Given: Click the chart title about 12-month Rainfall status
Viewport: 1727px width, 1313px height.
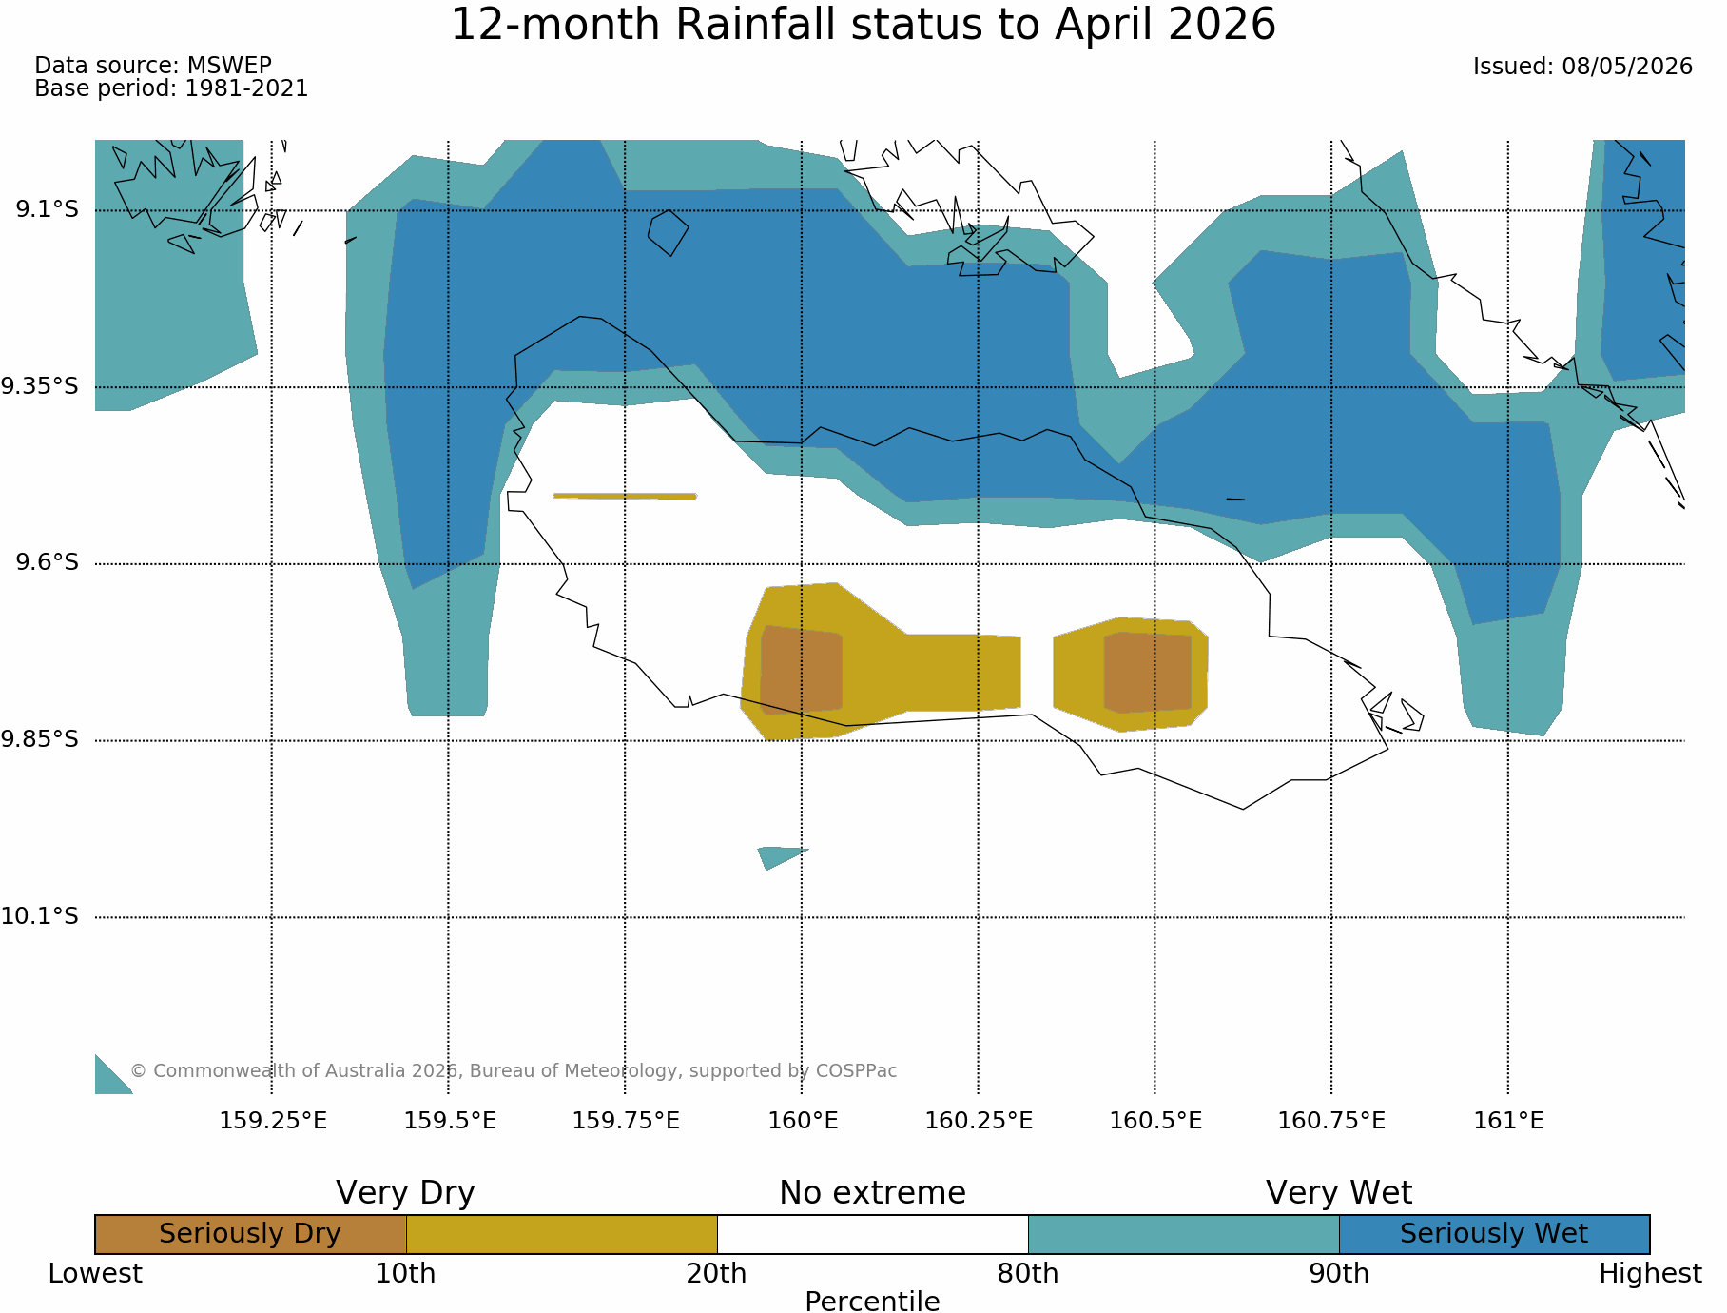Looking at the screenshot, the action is pos(863,26).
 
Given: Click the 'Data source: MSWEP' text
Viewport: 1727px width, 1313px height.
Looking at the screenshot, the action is pos(153,66).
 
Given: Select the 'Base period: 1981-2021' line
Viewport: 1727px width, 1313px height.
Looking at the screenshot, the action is pos(171,88).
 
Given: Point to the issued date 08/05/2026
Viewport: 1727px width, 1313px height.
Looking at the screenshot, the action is pos(1582,67).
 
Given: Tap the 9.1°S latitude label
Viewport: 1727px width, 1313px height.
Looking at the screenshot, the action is pos(47,208).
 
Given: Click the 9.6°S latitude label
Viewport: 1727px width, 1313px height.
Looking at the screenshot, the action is pos(47,562).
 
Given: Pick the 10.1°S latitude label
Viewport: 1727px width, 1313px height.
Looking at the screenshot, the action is pos(40,916).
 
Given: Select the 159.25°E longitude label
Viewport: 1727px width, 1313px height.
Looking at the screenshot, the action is pos(273,1121).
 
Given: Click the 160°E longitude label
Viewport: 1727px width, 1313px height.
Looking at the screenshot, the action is pos(803,1121).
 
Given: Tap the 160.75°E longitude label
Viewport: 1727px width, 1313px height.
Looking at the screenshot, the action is pos(1331,1121).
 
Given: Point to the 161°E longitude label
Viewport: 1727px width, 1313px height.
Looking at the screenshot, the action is pos(1508,1121).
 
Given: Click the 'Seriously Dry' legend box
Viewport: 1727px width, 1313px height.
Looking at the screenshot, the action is pos(251,1234).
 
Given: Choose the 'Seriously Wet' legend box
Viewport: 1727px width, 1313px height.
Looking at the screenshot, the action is pos(1494,1234).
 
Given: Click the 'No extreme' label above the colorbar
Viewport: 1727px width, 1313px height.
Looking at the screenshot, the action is pos(872,1193).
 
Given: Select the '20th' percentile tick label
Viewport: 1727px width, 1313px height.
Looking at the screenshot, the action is pos(717,1273).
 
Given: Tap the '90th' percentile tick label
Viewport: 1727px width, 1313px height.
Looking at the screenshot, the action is pos(1339,1273).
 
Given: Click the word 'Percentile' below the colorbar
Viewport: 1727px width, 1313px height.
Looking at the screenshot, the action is pos(872,1301).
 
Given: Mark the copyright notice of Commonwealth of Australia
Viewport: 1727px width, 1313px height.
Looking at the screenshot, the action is pos(514,1070).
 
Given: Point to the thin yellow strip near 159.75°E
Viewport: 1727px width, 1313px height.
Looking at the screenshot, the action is pos(625,496).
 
